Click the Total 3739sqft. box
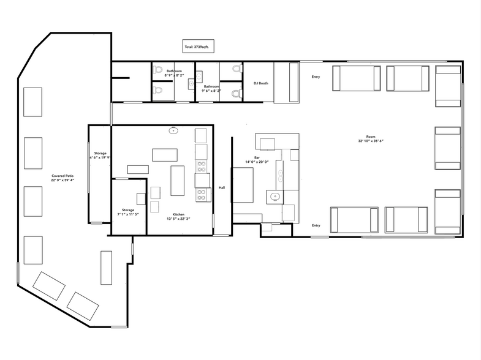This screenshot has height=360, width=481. click(198, 47)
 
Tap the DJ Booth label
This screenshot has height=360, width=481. click(261, 83)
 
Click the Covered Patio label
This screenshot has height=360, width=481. click(62, 176)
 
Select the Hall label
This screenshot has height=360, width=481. click(222, 187)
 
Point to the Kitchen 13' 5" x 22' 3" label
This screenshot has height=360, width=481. click(178, 217)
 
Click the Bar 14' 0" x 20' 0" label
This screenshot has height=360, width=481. click(257, 160)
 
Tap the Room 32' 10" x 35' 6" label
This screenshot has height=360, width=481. click(371, 139)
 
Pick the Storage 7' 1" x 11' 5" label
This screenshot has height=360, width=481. click(128, 212)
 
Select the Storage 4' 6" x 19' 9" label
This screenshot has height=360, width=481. click(100, 156)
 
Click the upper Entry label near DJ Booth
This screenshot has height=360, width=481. click(316, 77)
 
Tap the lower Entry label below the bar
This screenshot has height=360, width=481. click(316, 225)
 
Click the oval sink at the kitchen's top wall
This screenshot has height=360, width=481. click(173, 131)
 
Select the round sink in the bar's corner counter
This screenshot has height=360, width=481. click(275, 196)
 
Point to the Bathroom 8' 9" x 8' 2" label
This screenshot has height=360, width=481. click(174, 73)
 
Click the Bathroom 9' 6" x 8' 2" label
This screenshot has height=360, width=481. click(211, 89)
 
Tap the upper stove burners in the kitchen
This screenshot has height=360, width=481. click(202, 166)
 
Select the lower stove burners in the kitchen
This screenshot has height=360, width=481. click(202, 195)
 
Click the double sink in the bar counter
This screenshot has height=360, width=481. click(280, 175)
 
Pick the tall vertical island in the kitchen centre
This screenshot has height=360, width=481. click(177, 181)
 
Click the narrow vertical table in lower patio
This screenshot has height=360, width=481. click(106, 268)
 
